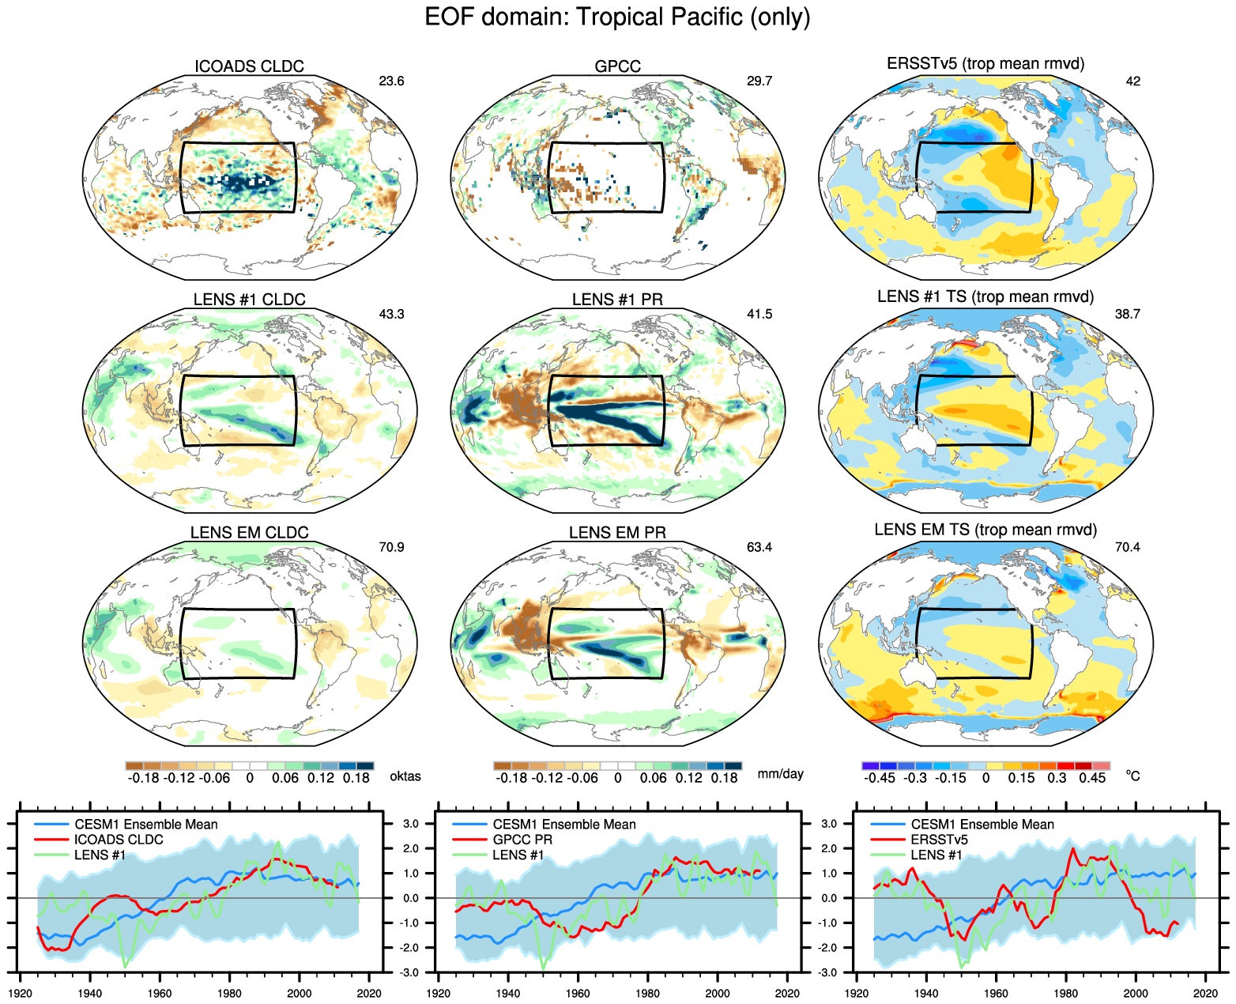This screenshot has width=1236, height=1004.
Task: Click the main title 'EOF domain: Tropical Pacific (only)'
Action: pos(617,17)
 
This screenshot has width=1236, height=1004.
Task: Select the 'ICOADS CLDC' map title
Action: pos(249,66)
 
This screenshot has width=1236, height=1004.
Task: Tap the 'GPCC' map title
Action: pos(617,66)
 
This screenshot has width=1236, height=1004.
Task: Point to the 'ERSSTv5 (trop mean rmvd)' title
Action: pos(985,63)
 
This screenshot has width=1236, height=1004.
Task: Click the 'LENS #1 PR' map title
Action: pos(617,300)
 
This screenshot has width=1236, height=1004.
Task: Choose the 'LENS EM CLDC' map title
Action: pos(249,533)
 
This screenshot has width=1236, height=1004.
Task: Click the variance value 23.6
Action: pos(391,81)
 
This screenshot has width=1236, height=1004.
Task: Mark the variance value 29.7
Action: pos(759,81)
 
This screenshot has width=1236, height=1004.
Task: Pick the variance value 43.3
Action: pos(391,314)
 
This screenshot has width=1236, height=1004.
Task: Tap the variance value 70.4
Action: pos(1128,547)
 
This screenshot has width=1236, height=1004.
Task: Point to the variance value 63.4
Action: pos(759,547)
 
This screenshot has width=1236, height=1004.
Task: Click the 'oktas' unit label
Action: pos(405,776)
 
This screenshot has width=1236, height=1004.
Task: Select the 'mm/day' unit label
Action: pos(780,773)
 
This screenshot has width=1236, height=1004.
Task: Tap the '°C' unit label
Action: pos(1133,776)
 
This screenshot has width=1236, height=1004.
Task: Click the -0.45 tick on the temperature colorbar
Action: pos(880,778)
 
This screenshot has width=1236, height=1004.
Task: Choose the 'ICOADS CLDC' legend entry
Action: pos(119,840)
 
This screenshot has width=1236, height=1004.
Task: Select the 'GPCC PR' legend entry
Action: pos(522,840)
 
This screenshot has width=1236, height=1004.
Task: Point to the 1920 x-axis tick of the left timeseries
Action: pos(21,994)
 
